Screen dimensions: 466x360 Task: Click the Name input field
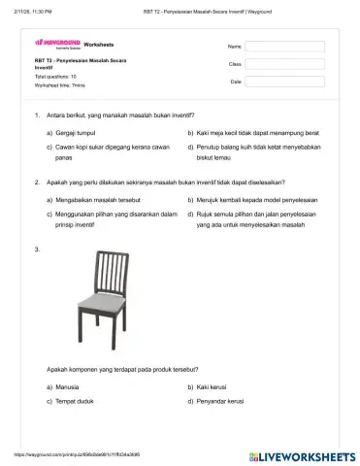point(284,46)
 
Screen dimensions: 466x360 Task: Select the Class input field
point(284,64)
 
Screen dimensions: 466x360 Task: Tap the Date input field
point(284,83)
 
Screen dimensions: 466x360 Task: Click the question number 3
point(36,250)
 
